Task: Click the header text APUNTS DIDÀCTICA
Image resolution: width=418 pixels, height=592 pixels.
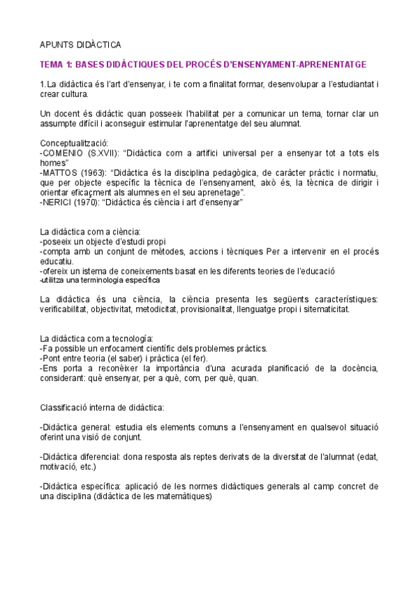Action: pyautogui.click(x=80, y=43)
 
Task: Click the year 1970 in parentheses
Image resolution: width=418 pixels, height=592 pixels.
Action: pyautogui.click(x=88, y=203)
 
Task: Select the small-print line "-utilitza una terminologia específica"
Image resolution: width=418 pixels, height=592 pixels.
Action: pyautogui.click(x=100, y=280)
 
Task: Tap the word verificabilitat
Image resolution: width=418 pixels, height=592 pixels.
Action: pyautogui.click(x=69, y=309)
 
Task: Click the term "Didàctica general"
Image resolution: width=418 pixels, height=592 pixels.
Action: pyautogui.click(x=76, y=427)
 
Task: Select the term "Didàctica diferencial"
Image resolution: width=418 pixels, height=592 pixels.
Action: pyautogui.click(x=81, y=457)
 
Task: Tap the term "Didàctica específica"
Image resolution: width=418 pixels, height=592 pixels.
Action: pyautogui.click(x=81, y=486)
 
